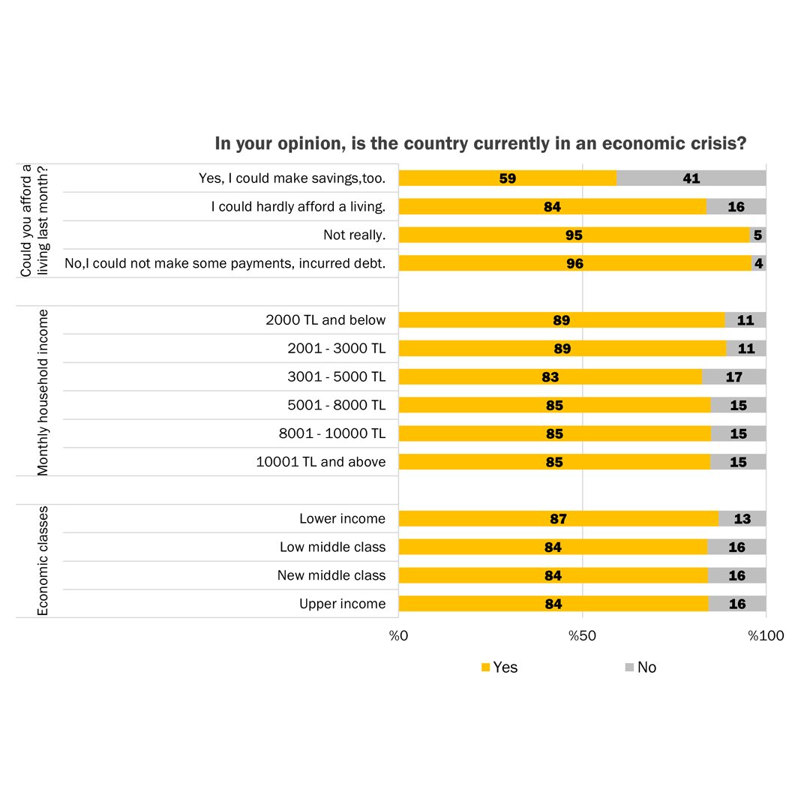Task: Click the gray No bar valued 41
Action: coord(691,178)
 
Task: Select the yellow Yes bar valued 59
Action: coord(507,178)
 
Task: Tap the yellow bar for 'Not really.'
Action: coord(574,235)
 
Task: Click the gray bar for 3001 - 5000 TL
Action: coord(733,377)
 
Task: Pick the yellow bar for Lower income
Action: coord(558,519)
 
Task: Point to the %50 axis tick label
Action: coord(582,636)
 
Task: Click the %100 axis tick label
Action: coord(766,636)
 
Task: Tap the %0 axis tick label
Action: coord(397,636)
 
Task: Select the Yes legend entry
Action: coord(499,667)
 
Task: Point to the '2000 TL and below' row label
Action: coord(325,320)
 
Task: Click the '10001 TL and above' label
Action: coord(321,462)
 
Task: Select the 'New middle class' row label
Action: coord(331,575)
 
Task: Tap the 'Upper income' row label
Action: coord(342,604)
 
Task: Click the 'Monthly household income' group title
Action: coord(43,391)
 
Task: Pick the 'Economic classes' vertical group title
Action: coord(43,560)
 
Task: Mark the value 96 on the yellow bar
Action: coord(574,264)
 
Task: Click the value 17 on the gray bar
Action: coord(733,377)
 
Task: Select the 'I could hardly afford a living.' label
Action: coord(298,207)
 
